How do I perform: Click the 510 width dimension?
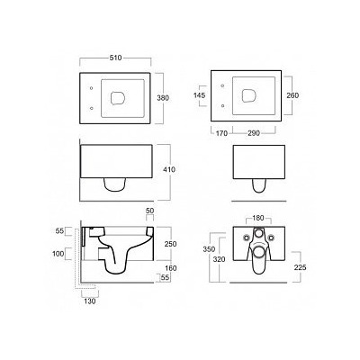coord(115,58)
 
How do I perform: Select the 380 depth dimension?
coord(164,98)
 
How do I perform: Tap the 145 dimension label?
coord(200,95)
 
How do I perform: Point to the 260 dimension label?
coord(292,95)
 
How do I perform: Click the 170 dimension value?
coord(222,133)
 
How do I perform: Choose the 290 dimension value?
coord(254,133)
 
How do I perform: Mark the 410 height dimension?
coord(170,169)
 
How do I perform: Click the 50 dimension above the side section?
coord(150,211)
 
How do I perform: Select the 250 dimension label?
coord(170,244)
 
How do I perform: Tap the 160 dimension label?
coord(170,268)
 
